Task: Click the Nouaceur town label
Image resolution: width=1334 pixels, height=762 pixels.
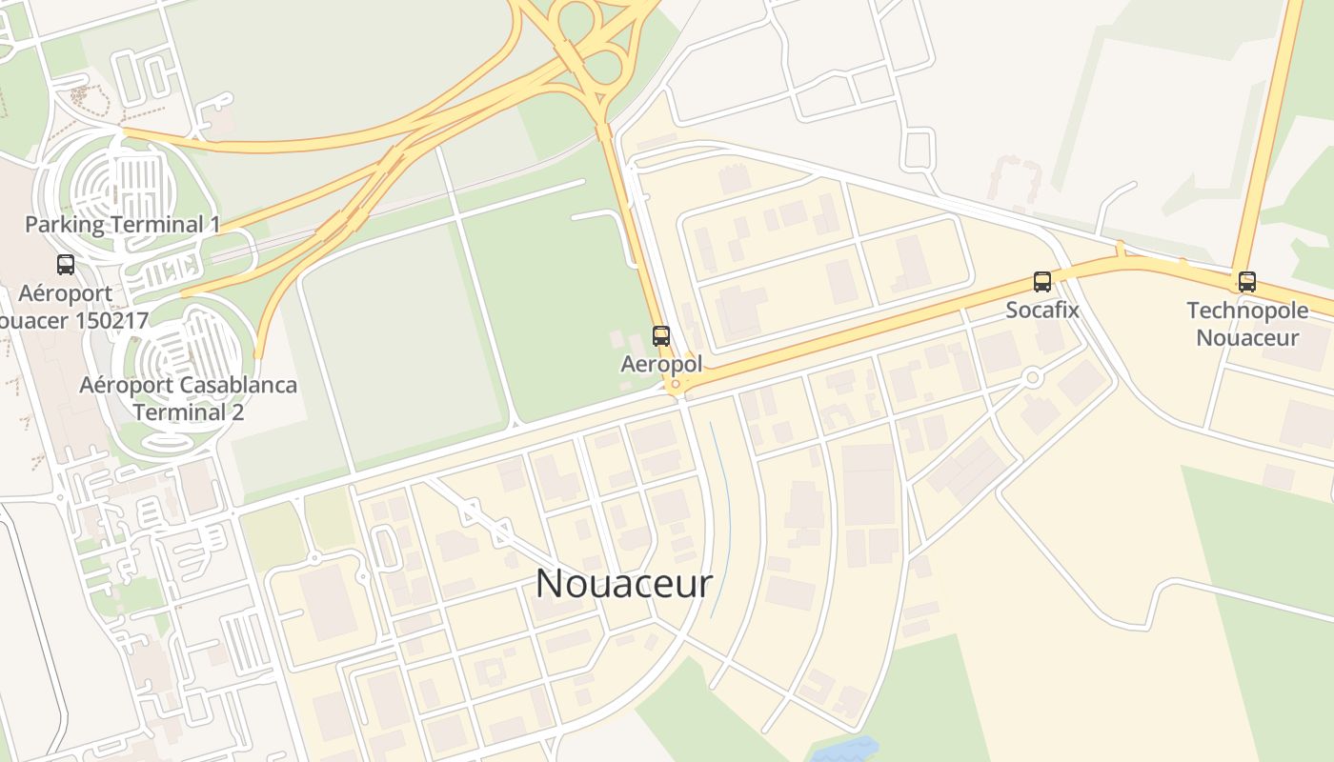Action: click(624, 583)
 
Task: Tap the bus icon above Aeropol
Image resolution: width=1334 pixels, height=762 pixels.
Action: click(661, 335)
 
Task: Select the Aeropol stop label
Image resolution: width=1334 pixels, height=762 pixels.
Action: click(661, 364)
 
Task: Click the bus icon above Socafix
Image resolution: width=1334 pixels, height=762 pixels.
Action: click(1042, 282)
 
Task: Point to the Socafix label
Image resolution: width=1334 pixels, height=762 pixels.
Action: click(1042, 310)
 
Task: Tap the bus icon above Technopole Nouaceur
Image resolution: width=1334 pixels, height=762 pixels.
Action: click(1247, 282)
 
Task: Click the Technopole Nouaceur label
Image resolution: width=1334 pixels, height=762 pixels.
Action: click(1247, 324)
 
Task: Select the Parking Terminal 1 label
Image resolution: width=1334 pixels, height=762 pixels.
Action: click(122, 225)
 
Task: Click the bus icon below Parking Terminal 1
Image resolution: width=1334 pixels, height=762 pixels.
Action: click(66, 265)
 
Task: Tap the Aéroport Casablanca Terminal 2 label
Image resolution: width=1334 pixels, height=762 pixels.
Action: click(188, 398)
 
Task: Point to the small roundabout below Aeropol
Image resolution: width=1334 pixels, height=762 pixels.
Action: click(676, 385)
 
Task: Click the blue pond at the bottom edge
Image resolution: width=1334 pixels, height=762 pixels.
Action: click(843, 750)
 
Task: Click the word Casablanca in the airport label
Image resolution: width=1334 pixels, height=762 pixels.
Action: click(237, 386)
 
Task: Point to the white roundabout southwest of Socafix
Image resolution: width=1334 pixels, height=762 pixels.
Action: click(1032, 378)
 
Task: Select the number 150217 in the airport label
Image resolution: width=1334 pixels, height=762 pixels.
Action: click(108, 320)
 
